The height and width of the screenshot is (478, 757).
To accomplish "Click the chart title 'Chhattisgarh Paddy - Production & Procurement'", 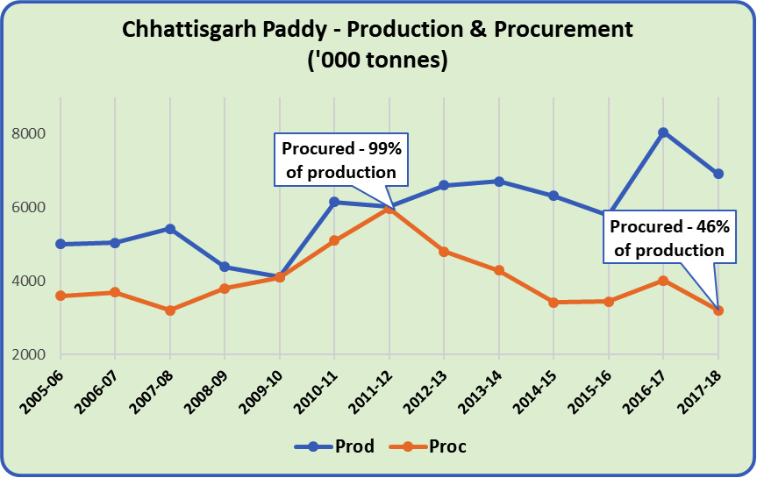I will coord(377,31).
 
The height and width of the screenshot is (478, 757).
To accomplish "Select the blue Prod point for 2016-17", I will coord(663,132).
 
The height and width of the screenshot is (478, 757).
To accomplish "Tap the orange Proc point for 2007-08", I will coord(170,310).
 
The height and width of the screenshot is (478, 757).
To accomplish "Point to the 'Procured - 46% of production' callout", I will coord(668,238).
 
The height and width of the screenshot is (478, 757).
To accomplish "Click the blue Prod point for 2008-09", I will coord(225,267).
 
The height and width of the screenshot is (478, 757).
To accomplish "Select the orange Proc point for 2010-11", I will coord(334,240).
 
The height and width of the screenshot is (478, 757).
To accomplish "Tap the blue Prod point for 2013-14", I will coord(498,182).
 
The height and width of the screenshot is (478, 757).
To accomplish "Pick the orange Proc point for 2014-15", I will coord(553,303).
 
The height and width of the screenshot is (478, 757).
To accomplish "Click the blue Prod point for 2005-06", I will coord(61,244).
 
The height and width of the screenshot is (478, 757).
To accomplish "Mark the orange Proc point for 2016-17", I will coord(663,281).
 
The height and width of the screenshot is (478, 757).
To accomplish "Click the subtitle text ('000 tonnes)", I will coord(377,62).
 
